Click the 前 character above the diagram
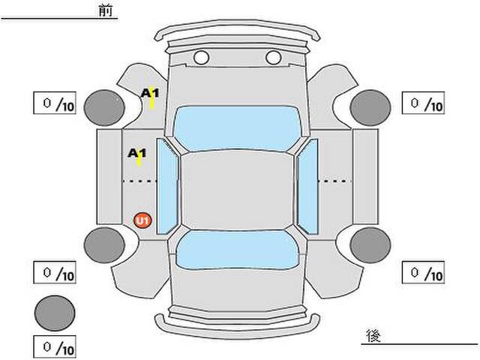click(105, 10)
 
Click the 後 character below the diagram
click(373, 335)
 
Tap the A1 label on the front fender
click(150, 93)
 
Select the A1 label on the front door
click(136, 153)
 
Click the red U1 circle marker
click(142, 220)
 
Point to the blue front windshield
click(237, 128)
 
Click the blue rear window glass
click(237, 250)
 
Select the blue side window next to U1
click(166, 187)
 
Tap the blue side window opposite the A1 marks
click(307, 187)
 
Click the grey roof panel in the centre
click(237, 190)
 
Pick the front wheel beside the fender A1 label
click(104, 107)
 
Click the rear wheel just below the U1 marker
click(104, 245)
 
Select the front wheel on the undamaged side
click(370, 107)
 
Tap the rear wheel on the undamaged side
click(370, 245)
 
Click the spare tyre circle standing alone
click(55, 313)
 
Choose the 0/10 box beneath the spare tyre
click(55, 346)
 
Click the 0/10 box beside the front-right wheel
click(423, 103)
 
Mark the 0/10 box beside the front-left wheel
click(55, 103)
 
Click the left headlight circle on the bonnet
click(201, 57)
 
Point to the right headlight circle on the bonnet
click(273, 57)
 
